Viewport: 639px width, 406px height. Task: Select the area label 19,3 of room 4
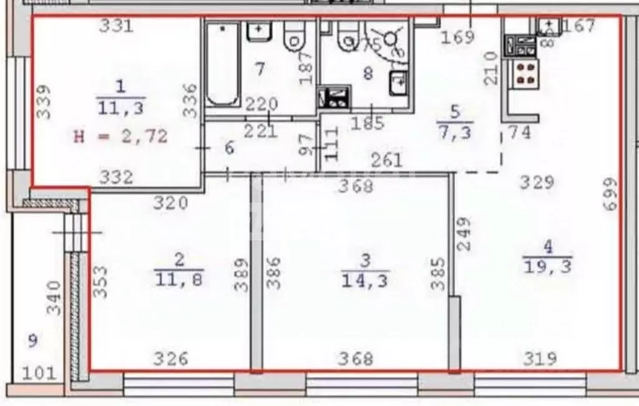548,268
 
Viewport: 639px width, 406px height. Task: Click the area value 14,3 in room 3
365,281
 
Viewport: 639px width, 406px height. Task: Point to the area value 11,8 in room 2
179,279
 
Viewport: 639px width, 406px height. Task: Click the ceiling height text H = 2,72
121,137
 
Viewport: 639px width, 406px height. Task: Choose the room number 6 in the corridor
229,148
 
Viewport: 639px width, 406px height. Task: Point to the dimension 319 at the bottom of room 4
540,359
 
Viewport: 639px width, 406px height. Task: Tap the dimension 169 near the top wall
457,37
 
